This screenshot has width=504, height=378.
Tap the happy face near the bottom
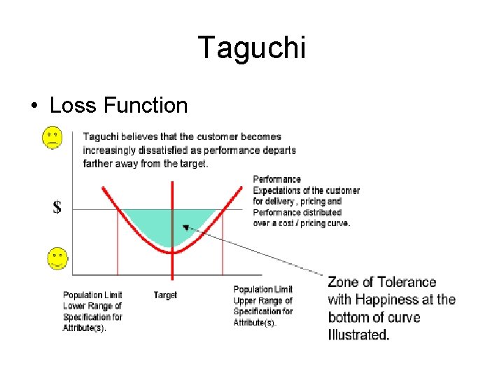pyautogui.click(x=57, y=259)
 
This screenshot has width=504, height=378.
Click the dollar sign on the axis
pyautogui.click(x=57, y=207)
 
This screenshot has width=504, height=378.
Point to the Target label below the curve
pyautogui.click(x=165, y=295)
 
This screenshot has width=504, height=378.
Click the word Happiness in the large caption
pyautogui.click(x=393, y=300)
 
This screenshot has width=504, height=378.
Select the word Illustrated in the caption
pyautogui.click(x=358, y=335)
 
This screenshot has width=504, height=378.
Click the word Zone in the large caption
pyautogui.click(x=344, y=282)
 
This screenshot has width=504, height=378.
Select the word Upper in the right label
pyautogui.click(x=245, y=300)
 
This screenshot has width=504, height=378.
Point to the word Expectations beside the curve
pyautogui.click(x=279, y=190)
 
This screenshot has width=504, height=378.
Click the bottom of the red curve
pyautogui.click(x=172, y=251)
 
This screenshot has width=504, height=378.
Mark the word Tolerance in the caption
pyautogui.click(x=406, y=282)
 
